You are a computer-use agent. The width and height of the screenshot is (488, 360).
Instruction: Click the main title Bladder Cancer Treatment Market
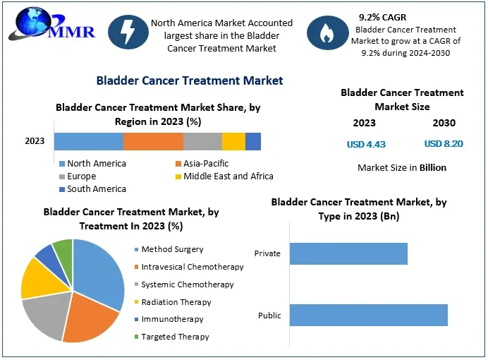[189, 80]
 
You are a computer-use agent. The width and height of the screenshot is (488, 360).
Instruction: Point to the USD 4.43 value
[366, 144]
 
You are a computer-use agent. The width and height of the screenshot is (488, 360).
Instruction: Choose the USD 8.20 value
[444, 144]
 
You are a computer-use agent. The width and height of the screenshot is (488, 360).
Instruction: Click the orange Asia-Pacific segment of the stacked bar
[153, 141]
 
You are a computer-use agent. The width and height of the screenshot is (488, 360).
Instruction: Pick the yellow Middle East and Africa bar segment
[233, 141]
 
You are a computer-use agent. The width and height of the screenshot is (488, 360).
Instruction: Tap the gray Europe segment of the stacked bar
[202, 141]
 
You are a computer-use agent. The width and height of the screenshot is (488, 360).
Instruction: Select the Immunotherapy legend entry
[172, 320]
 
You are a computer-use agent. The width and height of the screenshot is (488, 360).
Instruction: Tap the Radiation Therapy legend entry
[176, 302]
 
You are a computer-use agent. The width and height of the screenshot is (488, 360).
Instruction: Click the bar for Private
[348, 253]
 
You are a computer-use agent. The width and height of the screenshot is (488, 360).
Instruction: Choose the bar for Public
[368, 315]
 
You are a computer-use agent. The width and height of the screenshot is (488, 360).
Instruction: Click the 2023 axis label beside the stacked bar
[35, 141]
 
